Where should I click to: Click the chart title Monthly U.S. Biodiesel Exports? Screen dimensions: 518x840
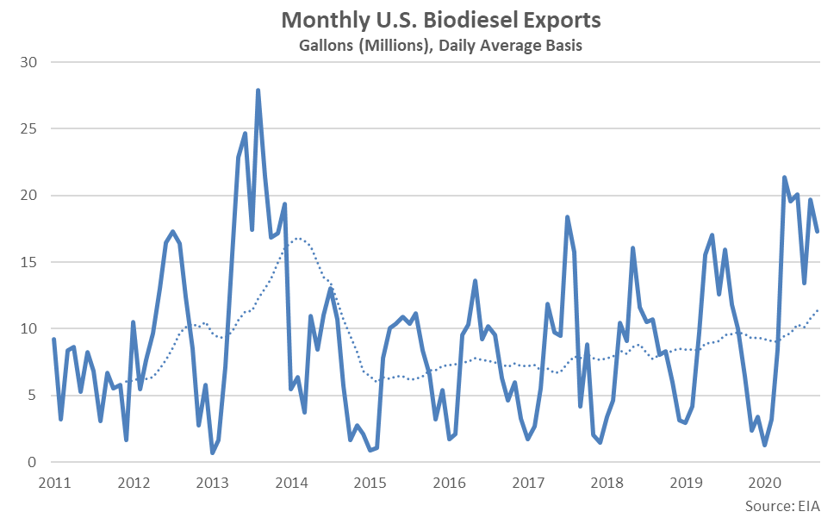pyautogui.click(x=440, y=20)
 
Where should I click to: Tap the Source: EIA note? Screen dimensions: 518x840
pyautogui.click(x=782, y=504)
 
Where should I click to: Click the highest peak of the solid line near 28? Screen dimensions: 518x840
pyautogui.click(x=258, y=90)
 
